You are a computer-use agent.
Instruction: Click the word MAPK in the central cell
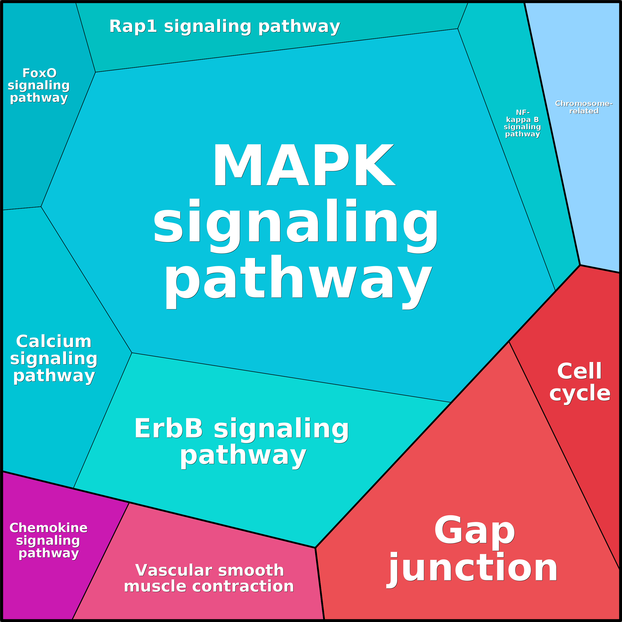coord(304,165)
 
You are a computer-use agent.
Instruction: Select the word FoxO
coord(39,73)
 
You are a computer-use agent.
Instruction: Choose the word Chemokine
coord(48,528)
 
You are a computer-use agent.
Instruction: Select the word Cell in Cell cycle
coord(579,371)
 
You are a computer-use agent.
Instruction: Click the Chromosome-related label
coord(583,107)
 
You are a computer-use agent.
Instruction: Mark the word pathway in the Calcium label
coord(54,375)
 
